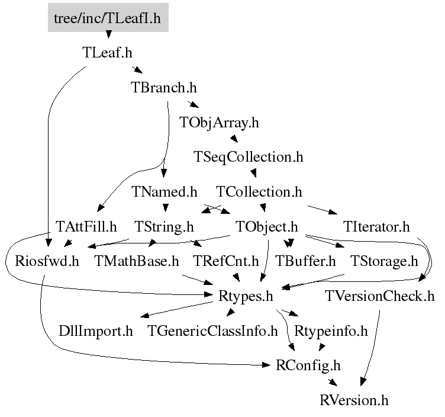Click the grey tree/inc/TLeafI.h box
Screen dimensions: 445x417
[108, 18]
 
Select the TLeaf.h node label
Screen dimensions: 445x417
[107, 53]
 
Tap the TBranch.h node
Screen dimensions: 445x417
[164, 87]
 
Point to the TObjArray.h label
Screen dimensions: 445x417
[219, 123]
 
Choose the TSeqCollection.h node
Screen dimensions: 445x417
[249, 157]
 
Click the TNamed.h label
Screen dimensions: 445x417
[165, 192]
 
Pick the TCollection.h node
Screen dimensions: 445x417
[259, 192]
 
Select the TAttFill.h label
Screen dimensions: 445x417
[86, 227]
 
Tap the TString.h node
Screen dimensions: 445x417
[164, 227]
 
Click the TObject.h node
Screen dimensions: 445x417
[267, 227]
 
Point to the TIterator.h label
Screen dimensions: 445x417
[376, 227]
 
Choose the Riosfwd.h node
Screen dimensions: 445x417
[47, 261]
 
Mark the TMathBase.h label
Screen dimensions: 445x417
[137, 261]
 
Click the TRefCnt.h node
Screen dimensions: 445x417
[226, 261]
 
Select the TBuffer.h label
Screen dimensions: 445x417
[305, 261]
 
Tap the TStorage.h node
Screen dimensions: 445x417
[384, 261]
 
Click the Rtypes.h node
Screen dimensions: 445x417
[246, 296]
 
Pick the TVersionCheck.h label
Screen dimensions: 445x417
[380, 296]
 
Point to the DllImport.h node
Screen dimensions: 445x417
[96, 331]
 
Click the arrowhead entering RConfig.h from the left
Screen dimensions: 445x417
[267, 365]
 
